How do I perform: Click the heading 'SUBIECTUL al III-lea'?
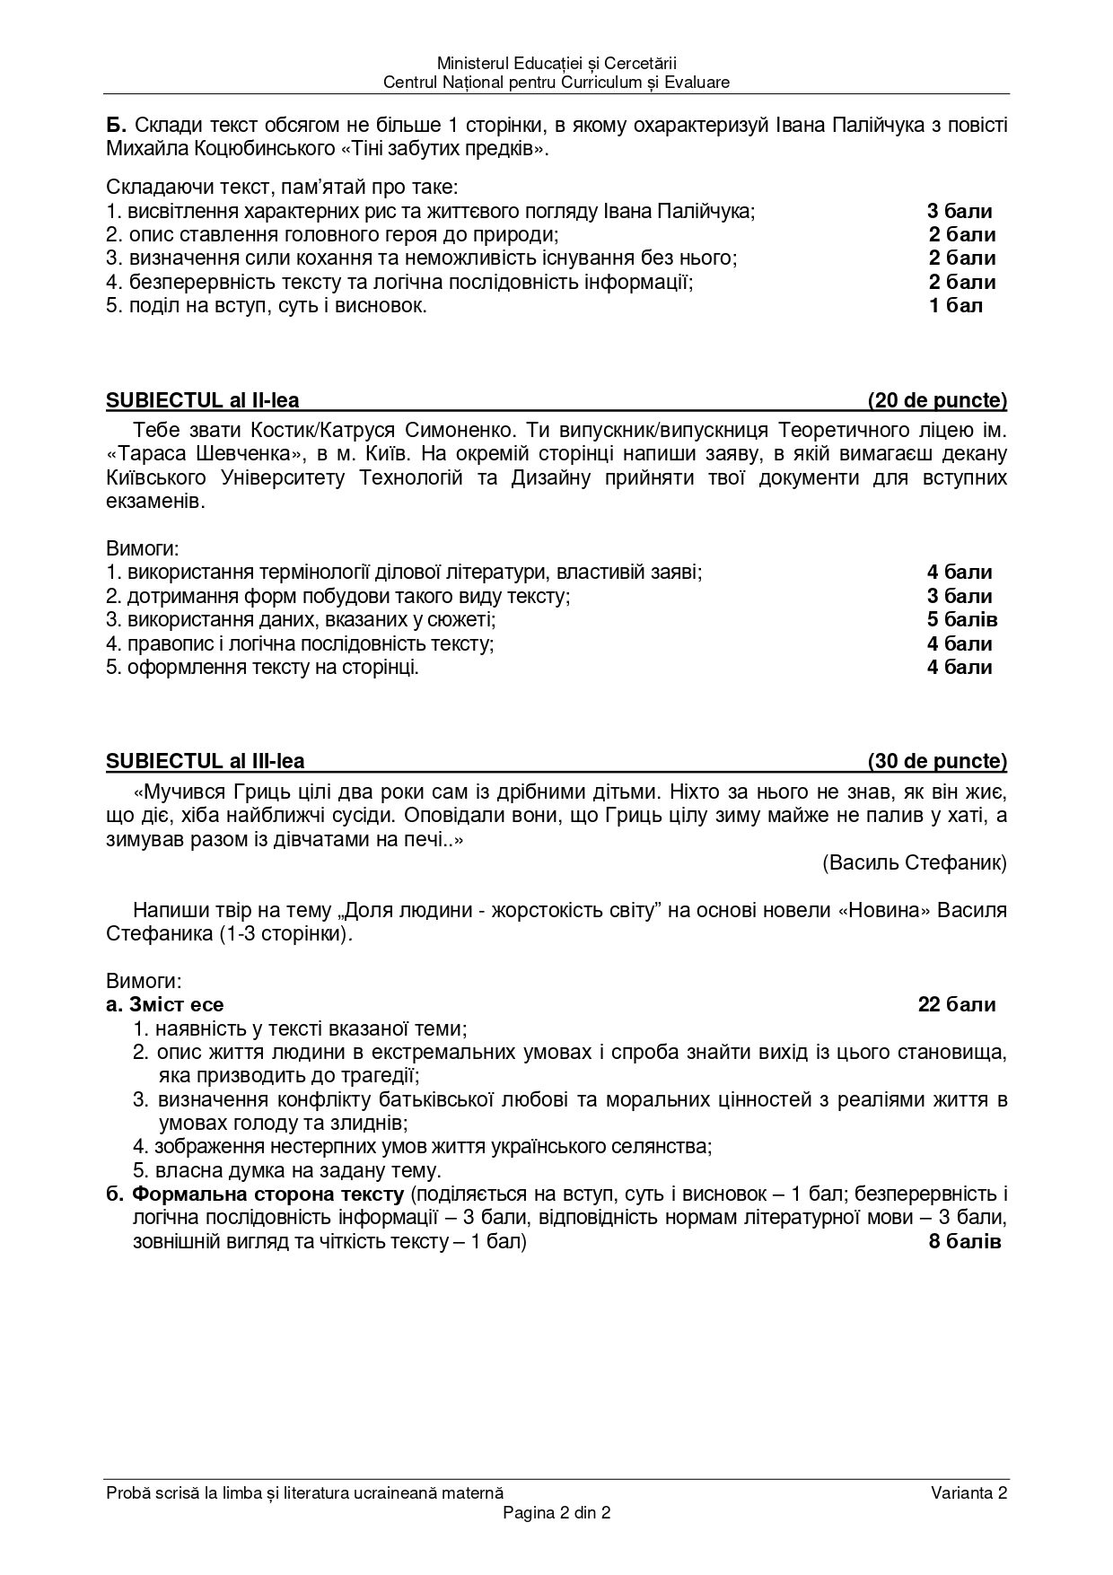pos(206,762)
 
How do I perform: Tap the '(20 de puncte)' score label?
pos(937,400)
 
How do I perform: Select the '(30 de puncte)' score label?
pos(937,762)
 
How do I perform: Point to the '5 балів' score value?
pos(962,620)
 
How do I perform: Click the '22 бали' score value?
pos(957,1005)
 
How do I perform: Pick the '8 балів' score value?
pos(965,1242)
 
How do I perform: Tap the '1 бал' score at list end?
pos(956,306)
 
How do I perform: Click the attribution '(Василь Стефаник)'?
pos(914,863)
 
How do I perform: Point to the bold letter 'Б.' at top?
pos(116,125)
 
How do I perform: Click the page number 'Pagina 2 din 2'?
pos(556,1513)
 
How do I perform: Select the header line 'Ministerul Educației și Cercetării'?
pos(556,63)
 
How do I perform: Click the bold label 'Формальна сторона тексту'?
pos(267,1194)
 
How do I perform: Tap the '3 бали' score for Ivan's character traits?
pos(960,212)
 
